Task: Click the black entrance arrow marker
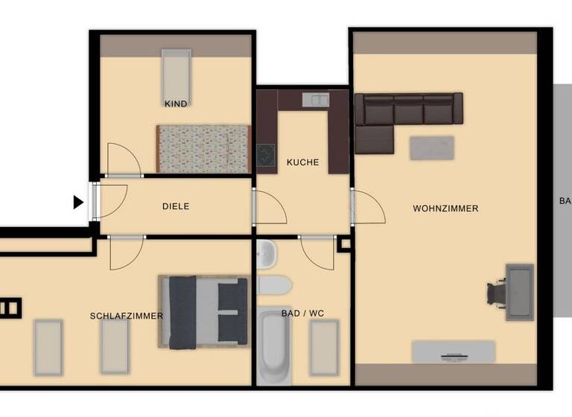(78, 202)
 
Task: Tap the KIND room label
(176, 104)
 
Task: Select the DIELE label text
(176, 206)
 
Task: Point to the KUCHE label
(302, 162)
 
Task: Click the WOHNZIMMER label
(445, 208)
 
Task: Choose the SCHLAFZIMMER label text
(126, 316)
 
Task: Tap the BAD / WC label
(302, 313)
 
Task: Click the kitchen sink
(316, 98)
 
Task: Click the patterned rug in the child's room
(202, 149)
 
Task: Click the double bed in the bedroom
(203, 312)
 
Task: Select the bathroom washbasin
(266, 256)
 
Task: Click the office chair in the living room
(497, 292)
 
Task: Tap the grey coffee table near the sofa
(432, 147)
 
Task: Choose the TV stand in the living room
(454, 351)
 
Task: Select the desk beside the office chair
(520, 292)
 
